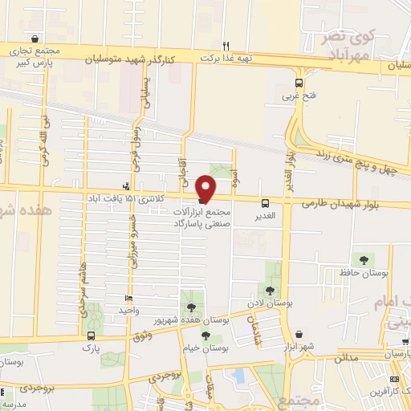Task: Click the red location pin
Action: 206,187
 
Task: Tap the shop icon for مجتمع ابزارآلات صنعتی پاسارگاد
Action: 201,201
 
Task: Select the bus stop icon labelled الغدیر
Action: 265,203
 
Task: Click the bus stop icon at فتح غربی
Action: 299,83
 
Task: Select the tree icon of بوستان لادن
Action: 269,291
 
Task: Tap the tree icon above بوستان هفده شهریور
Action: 190,308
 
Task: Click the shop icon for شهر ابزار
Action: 299,334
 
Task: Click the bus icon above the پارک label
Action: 91,336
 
